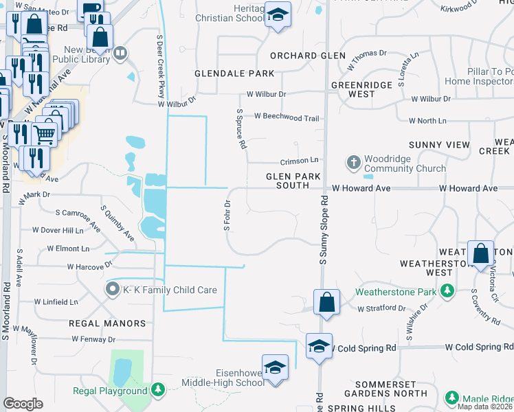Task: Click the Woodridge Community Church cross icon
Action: (354, 163)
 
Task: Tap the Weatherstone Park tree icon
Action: (447, 291)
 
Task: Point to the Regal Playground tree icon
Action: (158, 391)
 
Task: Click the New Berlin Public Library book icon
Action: (120, 53)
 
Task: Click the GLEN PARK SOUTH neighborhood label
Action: (293, 181)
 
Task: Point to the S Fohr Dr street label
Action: (227, 216)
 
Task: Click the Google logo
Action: (23, 404)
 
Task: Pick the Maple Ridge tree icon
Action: (451, 398)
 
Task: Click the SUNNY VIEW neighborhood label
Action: (439, 145)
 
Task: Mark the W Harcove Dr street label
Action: (89, 266)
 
